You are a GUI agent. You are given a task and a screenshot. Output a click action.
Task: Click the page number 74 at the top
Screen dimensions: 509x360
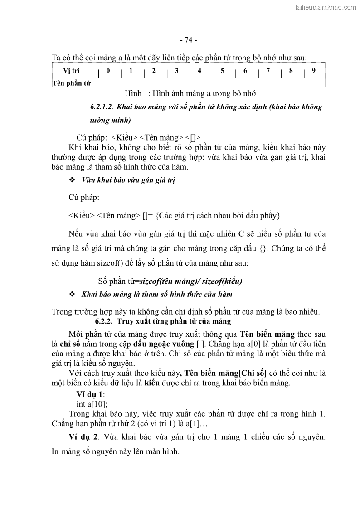pyautogui.click(x=188, y=40)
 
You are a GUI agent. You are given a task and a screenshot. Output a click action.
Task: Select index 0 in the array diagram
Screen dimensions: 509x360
pyautogui.click(x=108, y=71)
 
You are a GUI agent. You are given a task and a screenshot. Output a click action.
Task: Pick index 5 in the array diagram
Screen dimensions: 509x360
pyautogui.click(x=223, y=71)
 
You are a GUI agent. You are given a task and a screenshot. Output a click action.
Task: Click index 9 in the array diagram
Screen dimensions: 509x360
pyautogui.click(x=313, y=71)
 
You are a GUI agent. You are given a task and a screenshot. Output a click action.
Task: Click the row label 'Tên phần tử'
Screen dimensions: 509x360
pyautogui.click(x=71, y=83)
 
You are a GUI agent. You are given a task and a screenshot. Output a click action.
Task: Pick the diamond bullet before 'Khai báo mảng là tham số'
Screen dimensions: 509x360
pyautogui.click(x=72, y=295)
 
